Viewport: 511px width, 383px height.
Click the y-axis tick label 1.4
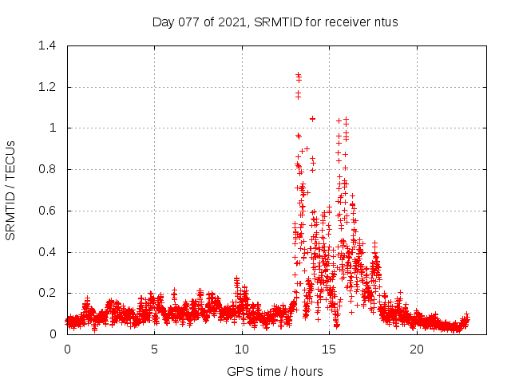49,45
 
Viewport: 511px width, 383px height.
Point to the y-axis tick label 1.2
49,87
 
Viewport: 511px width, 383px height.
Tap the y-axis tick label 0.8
49,169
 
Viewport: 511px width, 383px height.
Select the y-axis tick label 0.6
49,211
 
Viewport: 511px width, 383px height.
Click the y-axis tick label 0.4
49,252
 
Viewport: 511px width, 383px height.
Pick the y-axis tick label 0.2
49,294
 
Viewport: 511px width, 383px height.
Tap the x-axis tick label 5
154,349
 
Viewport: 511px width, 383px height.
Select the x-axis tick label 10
241,349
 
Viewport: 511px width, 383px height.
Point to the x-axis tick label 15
328,349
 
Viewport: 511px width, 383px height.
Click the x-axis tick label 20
416,349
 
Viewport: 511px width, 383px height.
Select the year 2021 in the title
232,22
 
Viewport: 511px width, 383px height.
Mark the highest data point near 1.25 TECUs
298,74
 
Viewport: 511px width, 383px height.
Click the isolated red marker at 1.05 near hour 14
312,119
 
